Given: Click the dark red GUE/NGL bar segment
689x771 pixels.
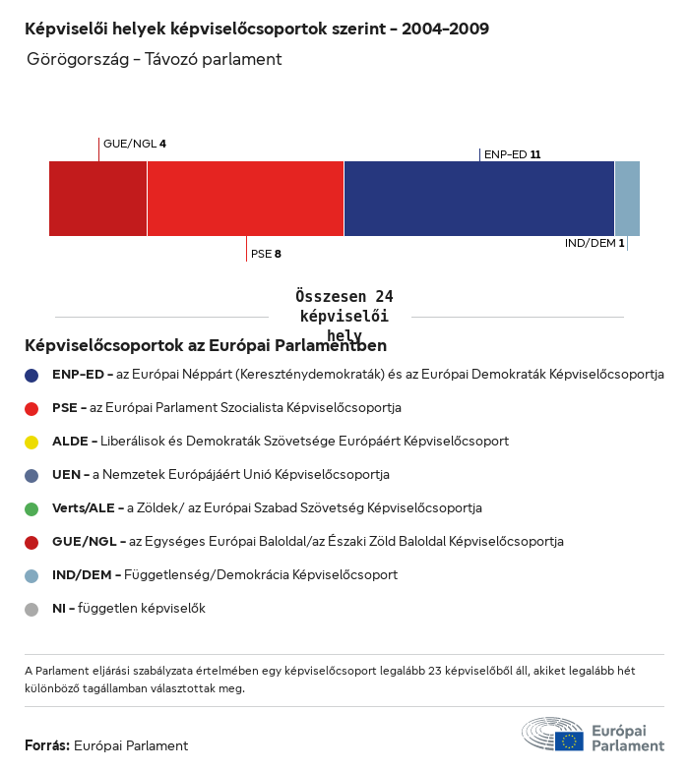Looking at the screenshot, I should coord(97,199).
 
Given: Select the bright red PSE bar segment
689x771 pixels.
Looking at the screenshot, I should coord(245,199).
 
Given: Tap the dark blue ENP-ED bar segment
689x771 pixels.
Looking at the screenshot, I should coord(479,199).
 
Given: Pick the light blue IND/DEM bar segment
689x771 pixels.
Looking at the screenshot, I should coord(627,199).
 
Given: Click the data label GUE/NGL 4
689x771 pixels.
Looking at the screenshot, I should coord(135,144).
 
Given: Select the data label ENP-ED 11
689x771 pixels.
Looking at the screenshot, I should coord(513,154).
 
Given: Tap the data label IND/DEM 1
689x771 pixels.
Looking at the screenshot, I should coord(595,243).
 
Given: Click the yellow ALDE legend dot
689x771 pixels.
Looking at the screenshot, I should coord(31,442).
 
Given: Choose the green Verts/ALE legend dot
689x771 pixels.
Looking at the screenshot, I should coord(31,508).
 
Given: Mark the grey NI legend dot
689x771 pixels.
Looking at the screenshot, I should coord(31,609).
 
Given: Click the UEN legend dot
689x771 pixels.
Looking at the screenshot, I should coord(31,475).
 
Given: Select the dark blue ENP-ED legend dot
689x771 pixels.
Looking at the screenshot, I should coord(31,375).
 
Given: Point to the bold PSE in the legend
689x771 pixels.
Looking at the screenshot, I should coord(65,408).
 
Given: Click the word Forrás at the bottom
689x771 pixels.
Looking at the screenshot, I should coord(46,745).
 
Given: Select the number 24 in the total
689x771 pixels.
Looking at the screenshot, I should coord(384,296).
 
